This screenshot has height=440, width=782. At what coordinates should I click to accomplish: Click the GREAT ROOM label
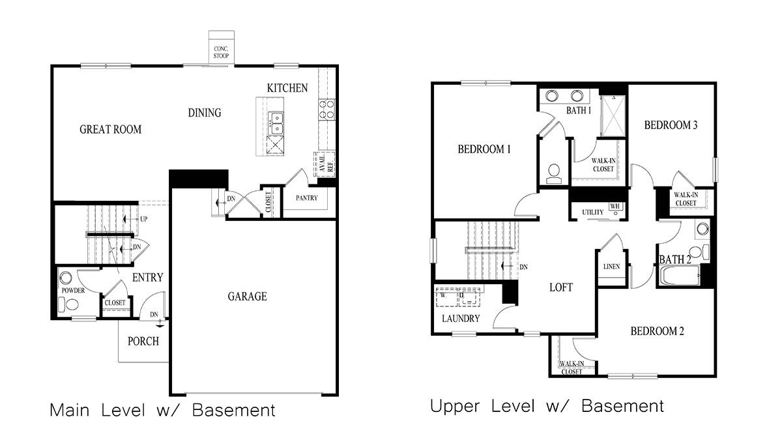[x=110, y=129]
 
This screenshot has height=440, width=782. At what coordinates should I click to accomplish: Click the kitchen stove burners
[x=326, y=109]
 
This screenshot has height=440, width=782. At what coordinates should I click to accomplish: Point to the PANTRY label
[x=306, y=198]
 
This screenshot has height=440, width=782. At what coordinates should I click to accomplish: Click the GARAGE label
[x=247, y=297]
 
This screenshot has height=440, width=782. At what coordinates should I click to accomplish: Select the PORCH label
[x=143, y=341]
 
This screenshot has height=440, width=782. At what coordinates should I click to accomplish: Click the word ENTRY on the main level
[x=147, y=278]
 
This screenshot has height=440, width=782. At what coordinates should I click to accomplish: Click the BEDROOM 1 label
[x=484, y=149]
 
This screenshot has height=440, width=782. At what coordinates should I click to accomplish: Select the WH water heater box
[x=615, y=207]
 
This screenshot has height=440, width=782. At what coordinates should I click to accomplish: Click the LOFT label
[x=560, y=287]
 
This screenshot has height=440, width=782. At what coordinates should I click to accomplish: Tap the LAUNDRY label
[x=461, y=319]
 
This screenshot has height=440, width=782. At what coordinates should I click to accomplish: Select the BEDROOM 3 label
[x=671, y=125]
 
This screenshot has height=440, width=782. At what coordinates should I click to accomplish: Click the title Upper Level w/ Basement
[x=547, y=406]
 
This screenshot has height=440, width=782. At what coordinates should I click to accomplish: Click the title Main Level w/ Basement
[x=162, y=411]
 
